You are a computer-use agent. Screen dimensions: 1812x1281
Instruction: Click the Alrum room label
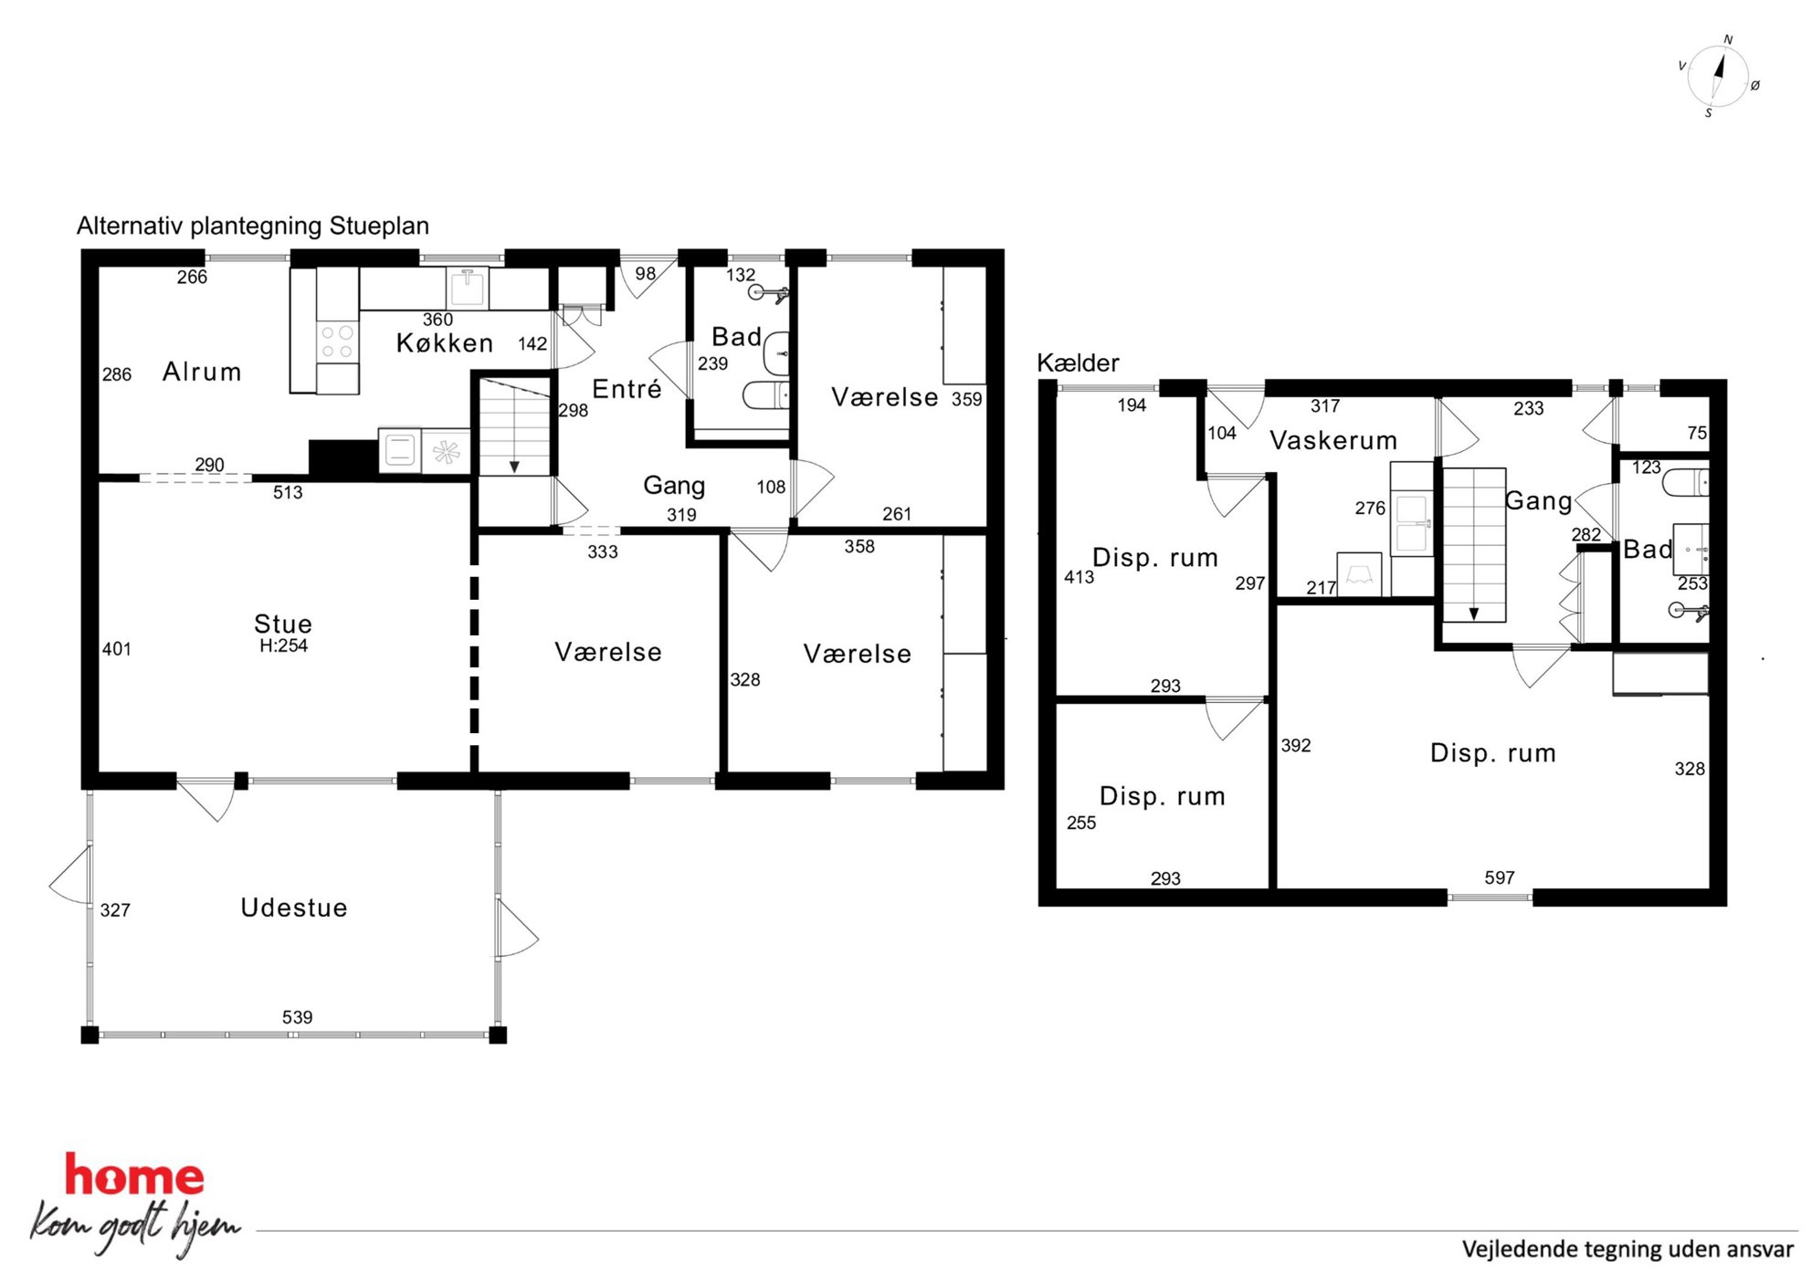(202, 372)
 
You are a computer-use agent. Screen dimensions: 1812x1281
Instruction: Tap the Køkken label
(445, 343)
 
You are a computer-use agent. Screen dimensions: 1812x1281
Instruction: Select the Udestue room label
(294, 908)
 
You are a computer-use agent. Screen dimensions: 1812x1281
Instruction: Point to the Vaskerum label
(1333, 440)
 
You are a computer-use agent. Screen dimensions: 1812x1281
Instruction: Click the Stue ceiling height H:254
(284, 646)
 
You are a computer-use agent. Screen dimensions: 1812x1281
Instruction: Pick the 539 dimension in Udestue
(297, 1017)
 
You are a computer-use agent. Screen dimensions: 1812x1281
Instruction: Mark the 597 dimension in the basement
(1500, 877)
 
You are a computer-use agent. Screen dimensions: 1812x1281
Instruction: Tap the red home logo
(134, 1176)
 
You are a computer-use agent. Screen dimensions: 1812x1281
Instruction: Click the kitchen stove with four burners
(337, 342)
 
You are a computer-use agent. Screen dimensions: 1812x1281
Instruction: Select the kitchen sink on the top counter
(467, 287)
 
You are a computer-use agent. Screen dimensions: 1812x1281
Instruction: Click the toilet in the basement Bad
(1685, 482)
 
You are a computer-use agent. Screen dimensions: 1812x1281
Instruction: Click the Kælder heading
(1078, 362)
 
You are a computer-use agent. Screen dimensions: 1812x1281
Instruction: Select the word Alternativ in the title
(130, 226)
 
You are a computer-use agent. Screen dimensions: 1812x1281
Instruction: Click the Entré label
(627, 389)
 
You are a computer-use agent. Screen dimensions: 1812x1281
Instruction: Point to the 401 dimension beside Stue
(117, 649)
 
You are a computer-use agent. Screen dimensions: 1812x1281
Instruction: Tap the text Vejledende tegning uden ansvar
(1628, 1249)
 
